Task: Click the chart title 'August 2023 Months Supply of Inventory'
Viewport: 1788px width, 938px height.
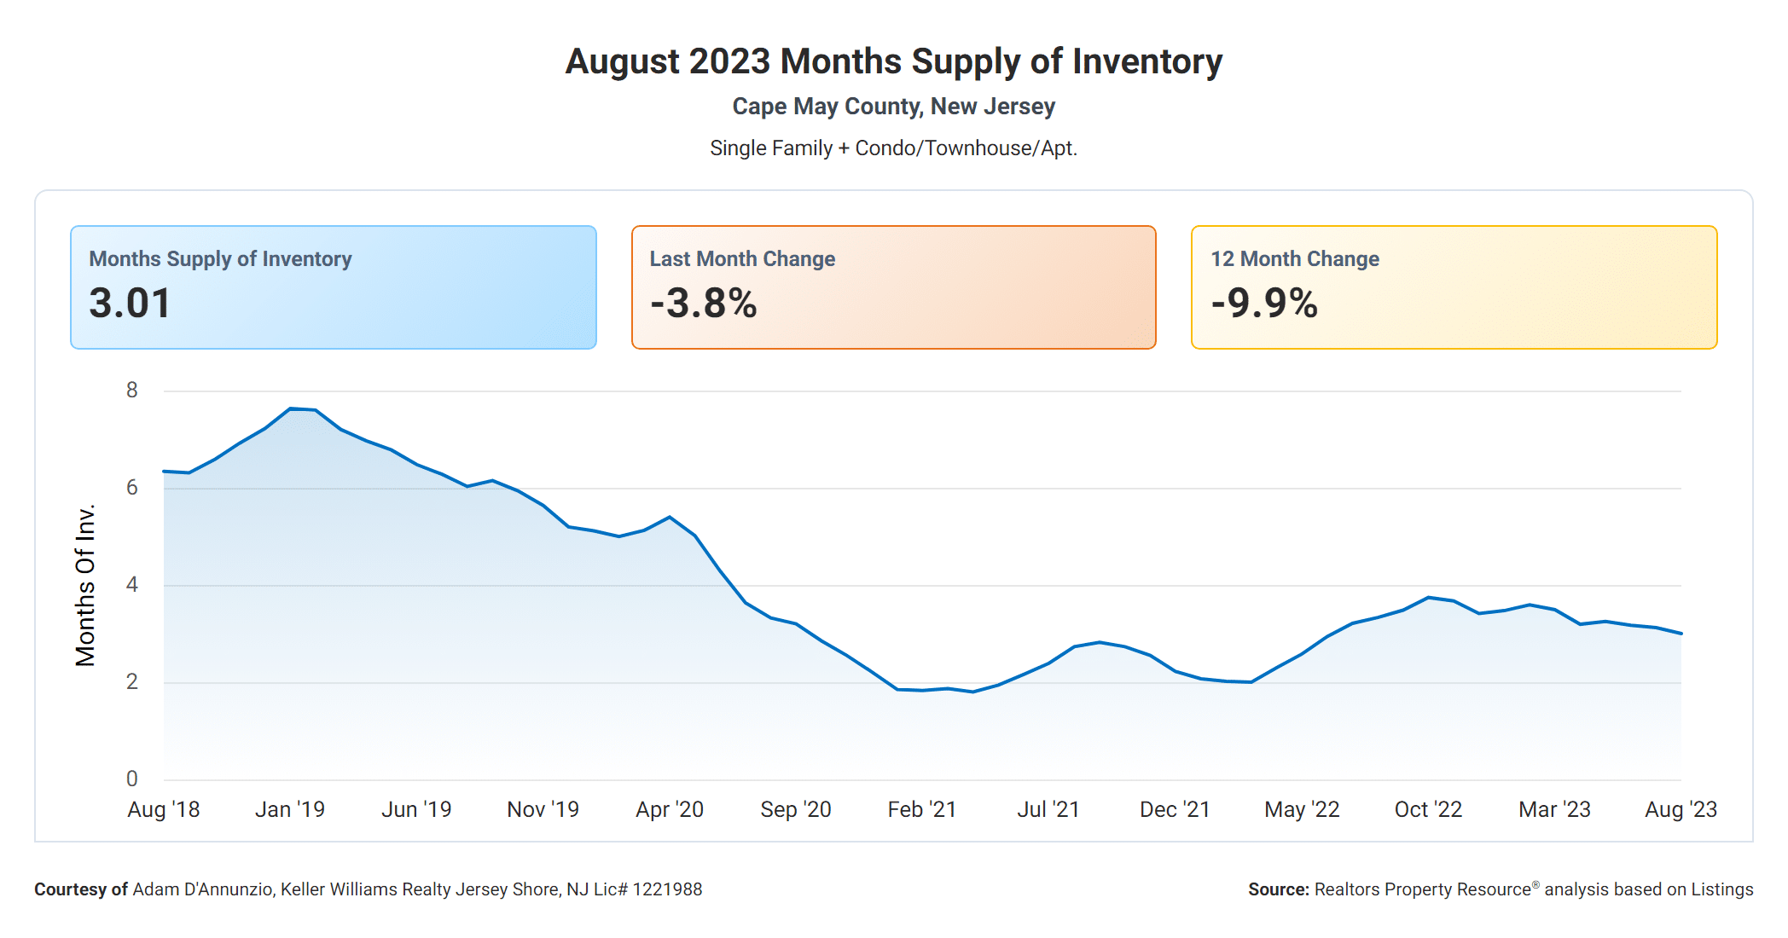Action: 893,61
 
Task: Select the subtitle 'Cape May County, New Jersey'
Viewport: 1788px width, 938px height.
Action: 893,107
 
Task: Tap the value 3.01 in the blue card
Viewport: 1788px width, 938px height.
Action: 130,304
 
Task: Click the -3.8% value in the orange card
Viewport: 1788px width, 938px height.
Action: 703,304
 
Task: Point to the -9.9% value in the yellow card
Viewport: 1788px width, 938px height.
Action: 1264,304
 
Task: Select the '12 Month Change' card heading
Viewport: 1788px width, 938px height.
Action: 1294,258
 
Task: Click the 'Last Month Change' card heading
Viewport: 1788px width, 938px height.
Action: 742,258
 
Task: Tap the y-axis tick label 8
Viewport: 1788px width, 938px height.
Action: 131,391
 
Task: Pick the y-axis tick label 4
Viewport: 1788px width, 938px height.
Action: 131,585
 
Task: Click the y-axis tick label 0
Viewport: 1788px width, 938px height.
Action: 131,779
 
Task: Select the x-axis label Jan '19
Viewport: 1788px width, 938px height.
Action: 290,809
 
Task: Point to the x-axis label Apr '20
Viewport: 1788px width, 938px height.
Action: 670,809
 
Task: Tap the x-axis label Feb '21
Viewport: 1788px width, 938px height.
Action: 922,809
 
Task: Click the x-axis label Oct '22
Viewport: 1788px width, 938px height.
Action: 1428,809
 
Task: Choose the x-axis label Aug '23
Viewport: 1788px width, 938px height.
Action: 1681,809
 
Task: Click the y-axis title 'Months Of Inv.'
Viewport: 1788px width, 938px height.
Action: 85,585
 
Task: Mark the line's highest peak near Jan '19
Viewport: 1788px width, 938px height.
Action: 291,408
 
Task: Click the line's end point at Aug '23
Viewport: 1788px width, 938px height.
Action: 1681,634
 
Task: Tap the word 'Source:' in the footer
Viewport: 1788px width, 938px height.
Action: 1278,889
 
